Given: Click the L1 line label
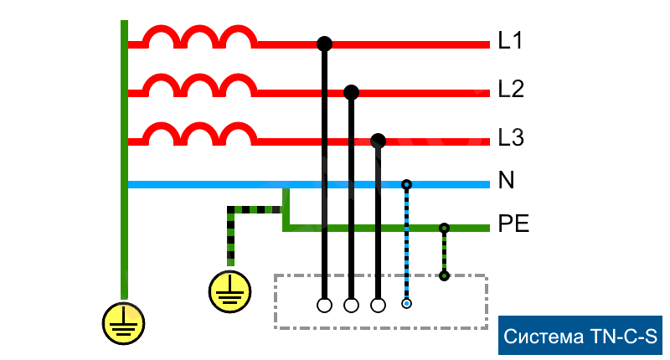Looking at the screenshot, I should tap(510, 40).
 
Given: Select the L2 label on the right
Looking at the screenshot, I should tap(511, 89).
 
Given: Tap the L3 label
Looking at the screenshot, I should tap(511, 137).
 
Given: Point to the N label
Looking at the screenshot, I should tap(507, 181).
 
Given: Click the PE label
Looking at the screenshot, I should tap(513, 224).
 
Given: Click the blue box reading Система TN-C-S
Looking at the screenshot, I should tap(581, 337).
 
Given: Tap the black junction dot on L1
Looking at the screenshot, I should tap(324, 43).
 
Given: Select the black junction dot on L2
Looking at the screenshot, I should tap(351, 91).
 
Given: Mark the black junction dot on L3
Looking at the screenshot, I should tap(378, 140).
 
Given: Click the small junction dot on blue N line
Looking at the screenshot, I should tap(406, 184).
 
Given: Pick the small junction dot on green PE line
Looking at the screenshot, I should tap(444, 228).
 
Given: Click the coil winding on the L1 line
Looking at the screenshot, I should tap(198, 37).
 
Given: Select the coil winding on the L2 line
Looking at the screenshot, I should tap(198, 85).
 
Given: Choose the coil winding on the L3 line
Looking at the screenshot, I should tap(198, 134).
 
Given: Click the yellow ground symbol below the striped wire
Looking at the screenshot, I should tap(229, 291).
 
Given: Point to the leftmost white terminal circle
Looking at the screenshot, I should tap(324, 305).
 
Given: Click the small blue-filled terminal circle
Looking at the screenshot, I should tap(406, 304).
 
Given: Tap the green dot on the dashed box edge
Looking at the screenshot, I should tap(444, 275).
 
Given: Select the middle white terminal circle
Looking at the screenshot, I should tap(351, 305).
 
